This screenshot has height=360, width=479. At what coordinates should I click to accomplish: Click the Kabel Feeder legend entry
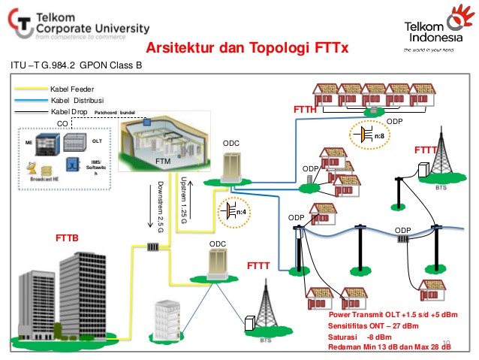coord(72,89)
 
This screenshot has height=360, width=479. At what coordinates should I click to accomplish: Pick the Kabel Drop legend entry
coord(69,112)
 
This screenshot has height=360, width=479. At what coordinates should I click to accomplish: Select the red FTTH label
coord(304,111)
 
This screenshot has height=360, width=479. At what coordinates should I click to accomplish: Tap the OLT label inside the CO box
coord(96,140)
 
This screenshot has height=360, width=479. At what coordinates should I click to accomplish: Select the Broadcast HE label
coord(39,180)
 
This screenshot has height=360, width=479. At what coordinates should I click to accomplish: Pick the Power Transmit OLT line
coord(393,313)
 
